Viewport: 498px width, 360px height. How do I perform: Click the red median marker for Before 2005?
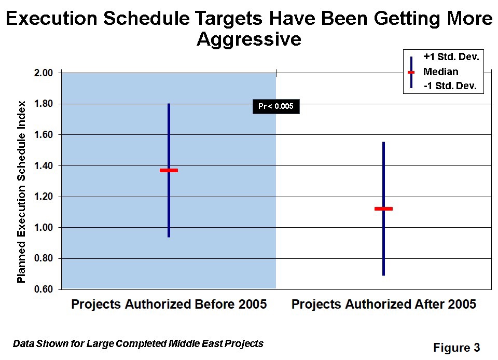tap(169, 171)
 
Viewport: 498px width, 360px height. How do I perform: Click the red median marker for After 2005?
tap(383, 209)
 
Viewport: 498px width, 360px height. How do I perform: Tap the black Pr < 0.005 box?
tap(276, 106)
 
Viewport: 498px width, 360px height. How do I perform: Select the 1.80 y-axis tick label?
tap(44, 104)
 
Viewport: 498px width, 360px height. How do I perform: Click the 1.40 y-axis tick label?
tap(44, 165)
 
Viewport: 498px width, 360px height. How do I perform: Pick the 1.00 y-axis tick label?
tap(44, 228)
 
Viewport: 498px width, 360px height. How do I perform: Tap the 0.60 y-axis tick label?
tap(44, 289)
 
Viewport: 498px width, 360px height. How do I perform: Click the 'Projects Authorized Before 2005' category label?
tap(169, 304)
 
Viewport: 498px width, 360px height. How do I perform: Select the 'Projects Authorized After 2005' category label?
tap(384, 304)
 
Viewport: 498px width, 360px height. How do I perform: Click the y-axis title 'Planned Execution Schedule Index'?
tap(21, 192)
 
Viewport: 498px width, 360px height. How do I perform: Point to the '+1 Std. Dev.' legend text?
tap(451, 57)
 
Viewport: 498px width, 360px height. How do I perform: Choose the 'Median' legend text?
tap(441, 72)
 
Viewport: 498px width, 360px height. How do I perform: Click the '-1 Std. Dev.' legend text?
tap(450, 86)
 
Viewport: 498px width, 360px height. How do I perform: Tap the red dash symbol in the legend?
tap(411, 73)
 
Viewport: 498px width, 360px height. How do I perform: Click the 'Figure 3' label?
tap(457, 348)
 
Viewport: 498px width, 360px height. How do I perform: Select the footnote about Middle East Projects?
tap(138, 343)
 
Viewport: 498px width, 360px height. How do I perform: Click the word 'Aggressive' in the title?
tap(249, 39)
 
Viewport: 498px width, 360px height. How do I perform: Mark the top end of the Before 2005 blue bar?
tap(169, 104)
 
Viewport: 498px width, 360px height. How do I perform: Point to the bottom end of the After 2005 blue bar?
tap(383, 275)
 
